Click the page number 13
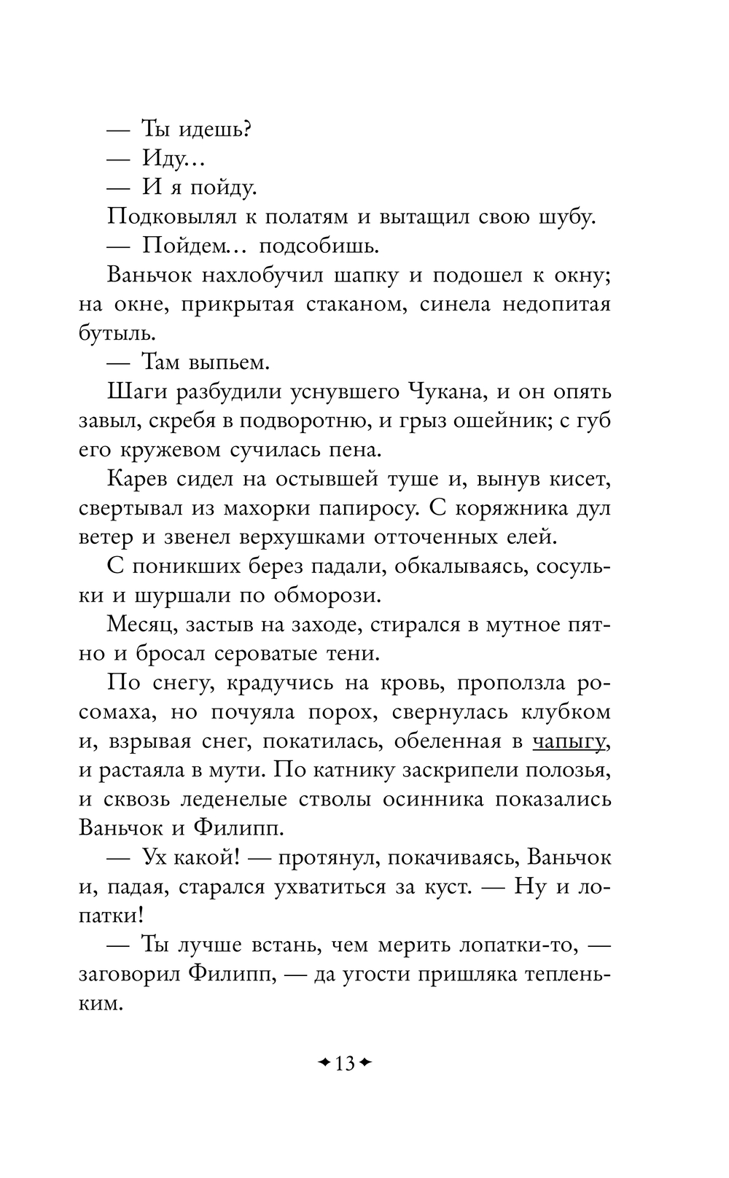coord(345,1064)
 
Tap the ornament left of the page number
coord(324,1063)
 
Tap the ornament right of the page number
coord(366,1063)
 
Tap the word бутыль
coord(117,334)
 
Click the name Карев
coord(139,480)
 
